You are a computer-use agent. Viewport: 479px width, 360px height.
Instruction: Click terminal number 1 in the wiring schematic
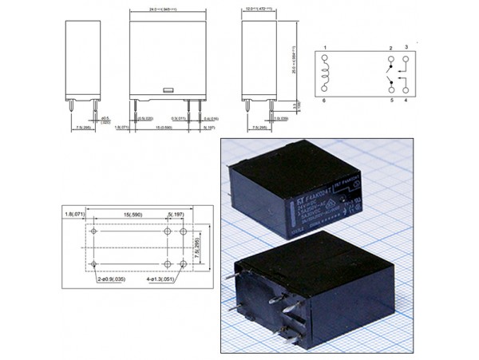[325, 49]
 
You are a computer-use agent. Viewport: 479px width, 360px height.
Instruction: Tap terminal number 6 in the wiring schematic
[325, 101]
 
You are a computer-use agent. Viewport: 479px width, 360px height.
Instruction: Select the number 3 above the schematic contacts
[406, 48]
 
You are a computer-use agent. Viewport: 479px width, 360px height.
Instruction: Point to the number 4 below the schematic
[406, 101]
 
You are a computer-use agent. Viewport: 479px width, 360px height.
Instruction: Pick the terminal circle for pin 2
[390, 59]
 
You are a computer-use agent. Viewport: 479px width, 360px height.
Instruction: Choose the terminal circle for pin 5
[390, 91]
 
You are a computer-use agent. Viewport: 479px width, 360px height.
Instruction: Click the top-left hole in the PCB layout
[95, 231]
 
